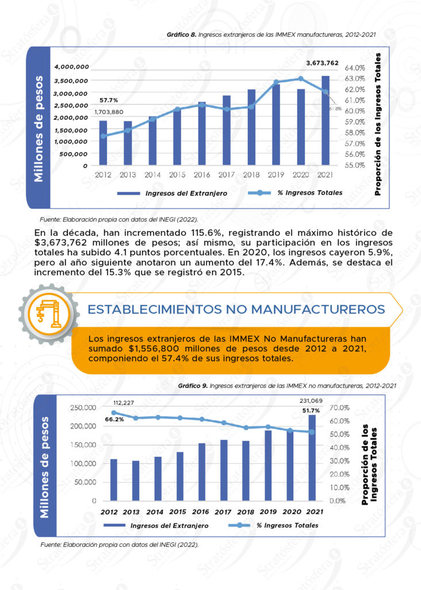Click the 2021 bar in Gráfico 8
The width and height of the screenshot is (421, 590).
point(326,121)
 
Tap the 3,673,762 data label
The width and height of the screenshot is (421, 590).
point(322,63)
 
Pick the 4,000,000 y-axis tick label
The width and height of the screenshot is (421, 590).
point(71,67)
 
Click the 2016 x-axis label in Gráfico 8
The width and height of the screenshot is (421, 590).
point(202,175)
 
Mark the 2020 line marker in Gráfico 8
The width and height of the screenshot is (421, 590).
point(301,78)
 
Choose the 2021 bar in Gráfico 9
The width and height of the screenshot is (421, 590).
point(312,457)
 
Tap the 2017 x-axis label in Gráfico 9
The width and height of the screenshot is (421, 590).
point(224,512)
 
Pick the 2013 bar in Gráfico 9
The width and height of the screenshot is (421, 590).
point(136,481)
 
